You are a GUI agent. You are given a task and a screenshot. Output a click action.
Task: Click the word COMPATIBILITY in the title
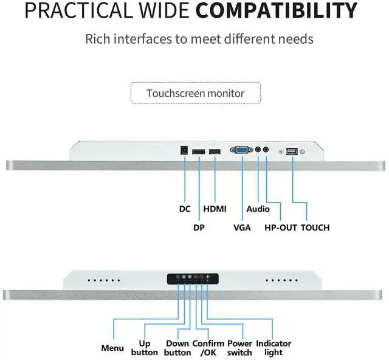tap(277, 12)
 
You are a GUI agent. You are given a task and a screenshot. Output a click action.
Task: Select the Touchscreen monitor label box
tap(195, 94)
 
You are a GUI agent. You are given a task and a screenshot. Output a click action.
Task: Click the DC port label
tap(185, 209)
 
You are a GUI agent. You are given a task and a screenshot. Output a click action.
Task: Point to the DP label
tap(199, 228)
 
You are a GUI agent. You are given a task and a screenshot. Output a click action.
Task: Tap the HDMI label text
tap(215, 209)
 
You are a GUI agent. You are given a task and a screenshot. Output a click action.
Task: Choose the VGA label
tap(242, 228)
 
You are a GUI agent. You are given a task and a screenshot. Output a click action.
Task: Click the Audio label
tap(258, 209)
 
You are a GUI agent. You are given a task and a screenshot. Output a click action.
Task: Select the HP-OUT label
tap(280, 228)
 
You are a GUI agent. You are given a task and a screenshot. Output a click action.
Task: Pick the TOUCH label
tap(315, 228)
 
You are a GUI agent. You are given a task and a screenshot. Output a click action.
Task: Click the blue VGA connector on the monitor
tap(241, 150)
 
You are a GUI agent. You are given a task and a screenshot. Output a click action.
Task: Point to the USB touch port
tap(292, 151)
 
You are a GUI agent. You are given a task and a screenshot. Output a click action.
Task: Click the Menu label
tap(112, 348)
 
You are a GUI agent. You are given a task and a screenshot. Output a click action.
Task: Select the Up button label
tap(144, 348)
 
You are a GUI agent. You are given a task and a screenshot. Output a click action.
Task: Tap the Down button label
tap(177, 348)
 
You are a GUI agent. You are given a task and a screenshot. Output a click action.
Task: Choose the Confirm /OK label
tap(208, 348)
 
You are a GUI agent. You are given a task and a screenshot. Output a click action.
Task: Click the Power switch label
tap(239, 348)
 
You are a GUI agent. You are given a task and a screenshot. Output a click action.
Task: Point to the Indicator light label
tap(274, 348)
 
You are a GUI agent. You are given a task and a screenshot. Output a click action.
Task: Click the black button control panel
tap(193, 279)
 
